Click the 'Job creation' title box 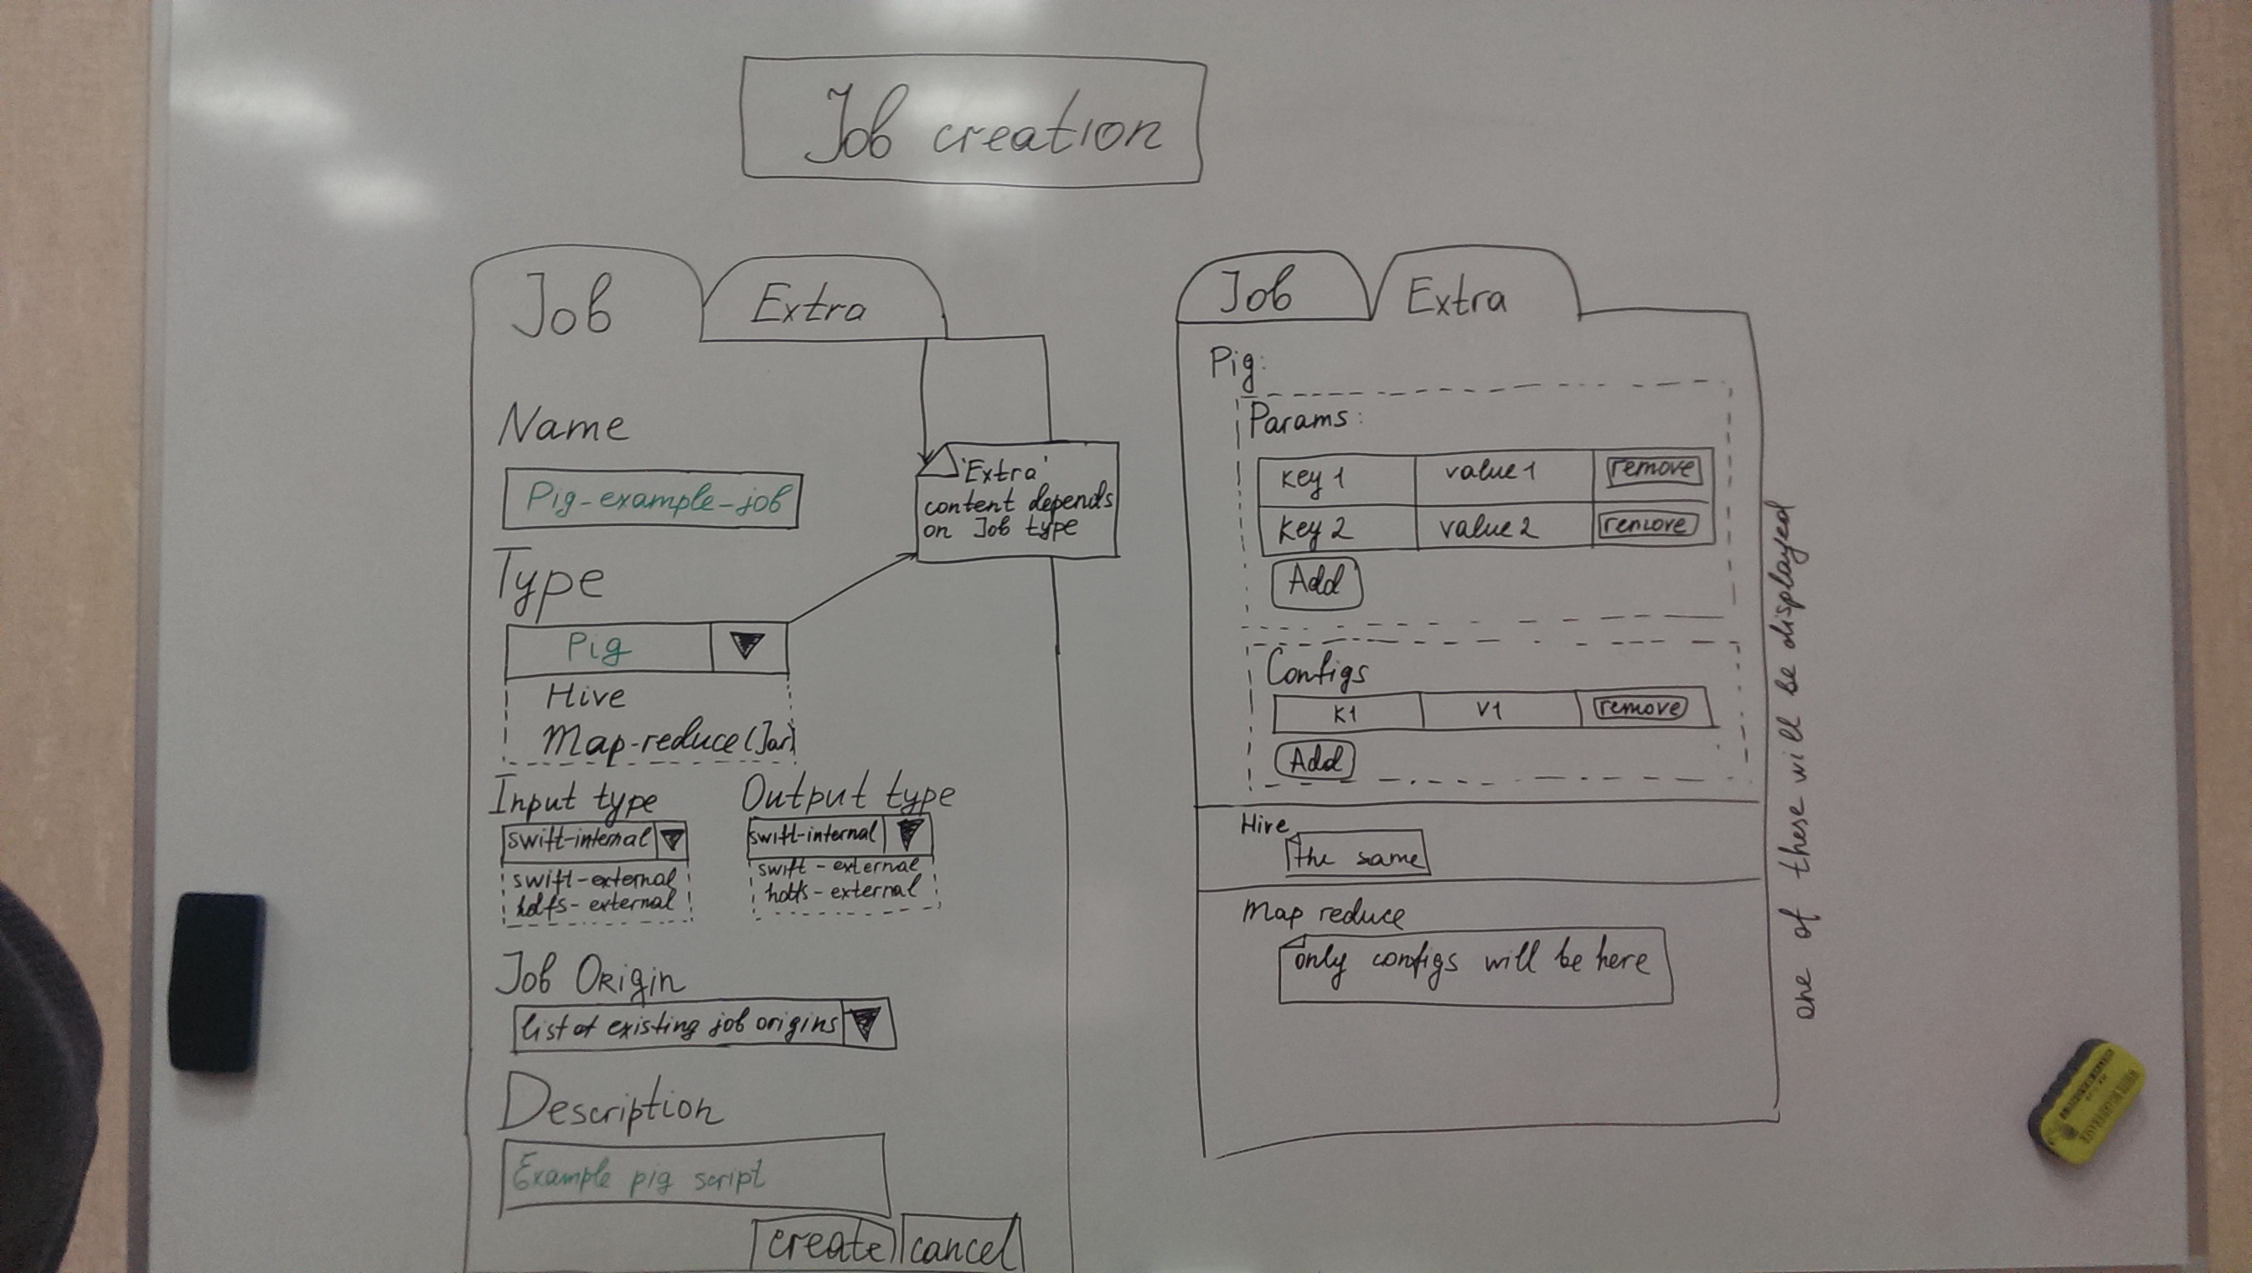[x=972, y=121]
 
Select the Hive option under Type [x=585, y=697]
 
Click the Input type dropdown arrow [x=671, y=840]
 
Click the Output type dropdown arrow [x=908, y=833]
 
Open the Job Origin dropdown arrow [x=866, y=1023]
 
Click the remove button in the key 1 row [x=1653, y=469]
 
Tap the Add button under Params [x=1316, y=582]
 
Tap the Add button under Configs [x=1315, y=760]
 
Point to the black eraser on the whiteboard [x=216, y=981]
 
